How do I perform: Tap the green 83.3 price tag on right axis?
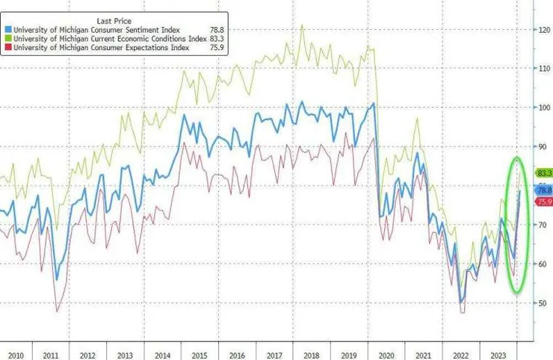(x=543, y=173)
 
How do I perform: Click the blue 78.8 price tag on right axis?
(x=543, y=190)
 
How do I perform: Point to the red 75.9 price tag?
(x=543, y=202)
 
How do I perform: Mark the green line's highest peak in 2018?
(x=302, y=25)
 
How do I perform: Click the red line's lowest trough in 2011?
(x=58, y=311)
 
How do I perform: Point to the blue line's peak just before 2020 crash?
(x=373, y=104)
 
